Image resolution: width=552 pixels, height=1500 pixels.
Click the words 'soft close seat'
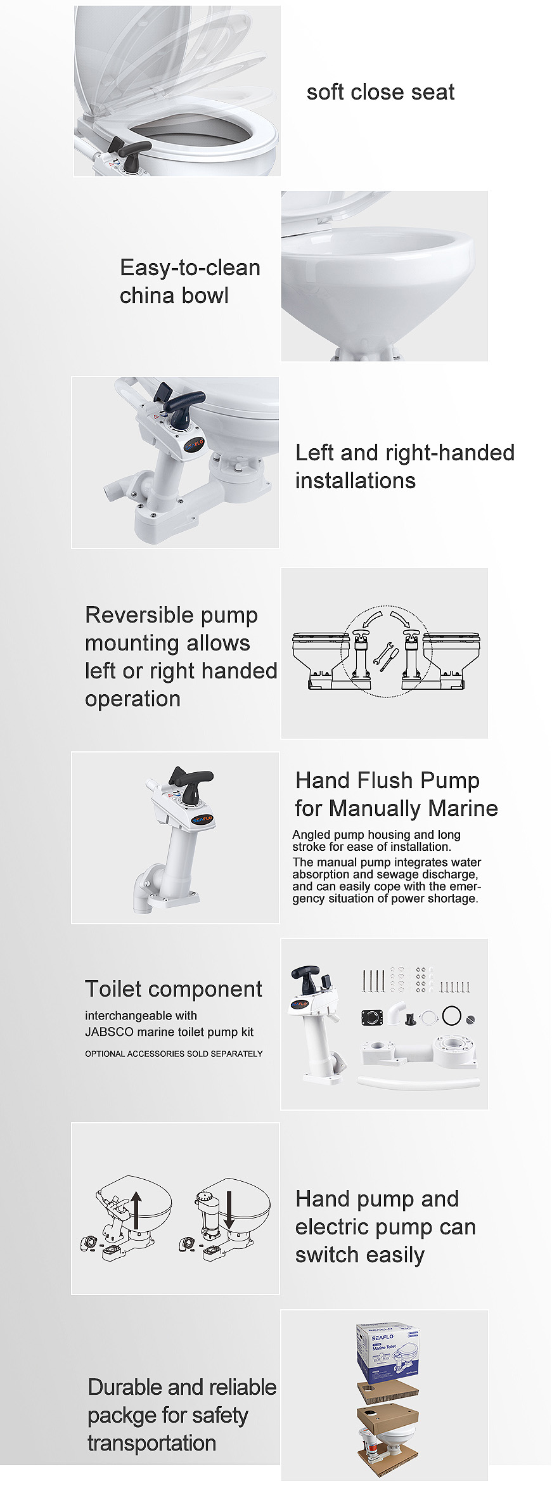(380, 93)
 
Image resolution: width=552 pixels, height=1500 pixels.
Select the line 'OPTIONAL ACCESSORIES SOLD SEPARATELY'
(174, 1054)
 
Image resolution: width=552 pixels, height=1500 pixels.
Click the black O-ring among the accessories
(452, 1016)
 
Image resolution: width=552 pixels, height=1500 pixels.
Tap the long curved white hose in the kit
(418, 1082)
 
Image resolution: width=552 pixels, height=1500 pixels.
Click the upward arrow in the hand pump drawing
(136, 1210)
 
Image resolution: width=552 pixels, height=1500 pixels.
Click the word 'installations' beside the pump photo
(355, 481)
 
